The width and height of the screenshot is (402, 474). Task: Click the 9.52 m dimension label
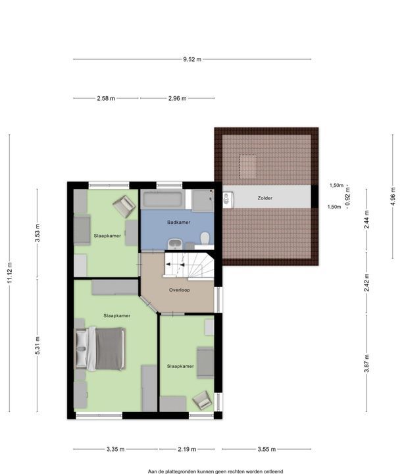point(192,59)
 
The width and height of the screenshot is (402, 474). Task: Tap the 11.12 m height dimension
point(10,273)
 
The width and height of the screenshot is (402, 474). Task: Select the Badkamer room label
point(179,223)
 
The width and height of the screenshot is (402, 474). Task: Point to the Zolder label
point(265,198)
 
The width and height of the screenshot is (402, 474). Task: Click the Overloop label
point(180,290)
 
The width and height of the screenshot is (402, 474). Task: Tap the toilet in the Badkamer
point(205,238)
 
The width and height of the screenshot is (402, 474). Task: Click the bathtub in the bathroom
point(163,199)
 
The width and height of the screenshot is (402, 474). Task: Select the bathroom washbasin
point(175,244)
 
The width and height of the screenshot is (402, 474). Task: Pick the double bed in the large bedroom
point(100,349)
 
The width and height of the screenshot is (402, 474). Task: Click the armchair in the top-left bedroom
point(124,205)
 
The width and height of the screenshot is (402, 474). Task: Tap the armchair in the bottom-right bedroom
point(202,400)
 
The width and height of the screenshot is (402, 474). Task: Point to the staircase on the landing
point(189,265)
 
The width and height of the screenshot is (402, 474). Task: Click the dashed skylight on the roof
point(248,166)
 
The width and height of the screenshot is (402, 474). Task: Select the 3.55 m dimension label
point(266,449)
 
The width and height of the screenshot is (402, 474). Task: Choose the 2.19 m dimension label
point(187,449)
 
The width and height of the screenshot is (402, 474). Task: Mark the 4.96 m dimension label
point(393,196)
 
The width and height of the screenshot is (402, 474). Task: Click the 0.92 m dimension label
point(347,197)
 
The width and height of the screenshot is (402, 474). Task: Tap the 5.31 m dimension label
point(38,346)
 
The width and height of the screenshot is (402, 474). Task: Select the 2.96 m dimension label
point(177,98)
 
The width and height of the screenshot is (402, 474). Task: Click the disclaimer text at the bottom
point(215,471)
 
